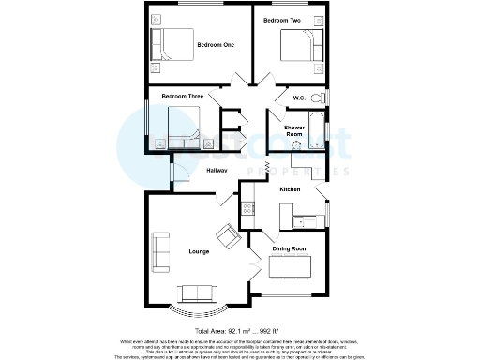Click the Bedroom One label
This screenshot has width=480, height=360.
[x=215, y=44]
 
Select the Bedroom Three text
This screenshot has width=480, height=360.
[x=182, y=97]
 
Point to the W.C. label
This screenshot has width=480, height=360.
[x=299, y=97]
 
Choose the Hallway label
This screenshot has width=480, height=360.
[x=217, y=171]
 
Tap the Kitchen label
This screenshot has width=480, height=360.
[x=290, y=190]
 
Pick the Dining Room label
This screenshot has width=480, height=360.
[x=290, y=248]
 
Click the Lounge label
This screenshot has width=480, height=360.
[x=199, y=252]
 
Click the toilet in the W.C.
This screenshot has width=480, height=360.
[x=317, y=98]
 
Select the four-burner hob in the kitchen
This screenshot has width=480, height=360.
[x=248, y=208]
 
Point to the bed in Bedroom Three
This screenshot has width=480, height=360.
[x=183, y=123]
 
